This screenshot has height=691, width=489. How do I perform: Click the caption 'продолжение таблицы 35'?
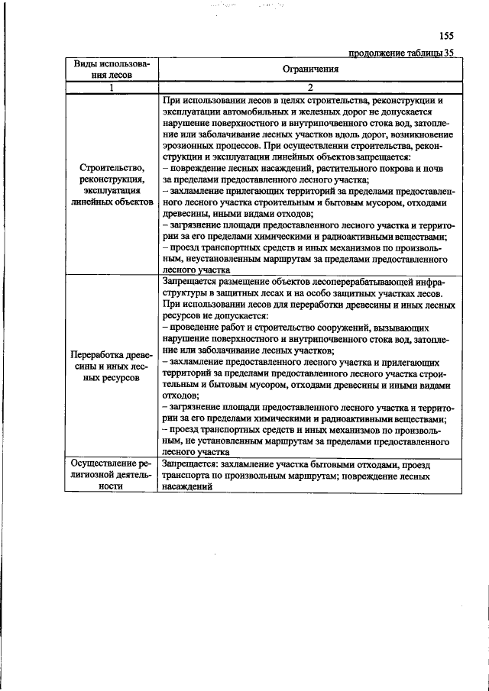click(401, 53)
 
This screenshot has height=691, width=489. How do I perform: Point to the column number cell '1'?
click(111, 87)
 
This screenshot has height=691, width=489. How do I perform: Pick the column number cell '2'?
click(310, 87)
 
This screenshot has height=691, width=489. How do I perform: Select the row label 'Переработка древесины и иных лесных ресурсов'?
click(111, 366)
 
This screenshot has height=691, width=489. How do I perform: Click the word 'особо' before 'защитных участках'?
click(329, 292)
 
